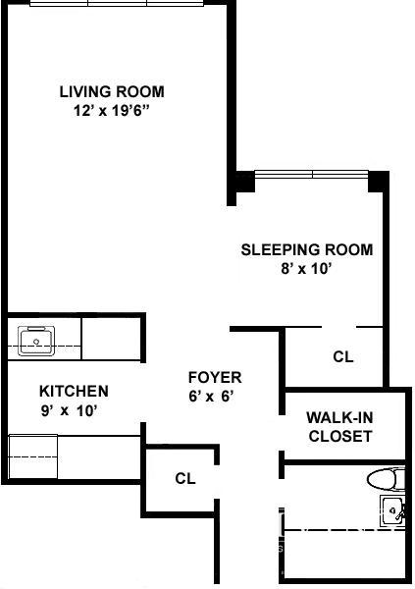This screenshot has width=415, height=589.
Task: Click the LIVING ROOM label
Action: point(112,92)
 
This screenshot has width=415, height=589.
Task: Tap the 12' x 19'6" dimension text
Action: point(112,111)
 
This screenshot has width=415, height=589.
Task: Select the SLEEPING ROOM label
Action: point(307,249)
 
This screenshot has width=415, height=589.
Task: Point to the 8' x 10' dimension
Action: point(306,269)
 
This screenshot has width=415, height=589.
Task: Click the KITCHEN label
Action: point(74,392)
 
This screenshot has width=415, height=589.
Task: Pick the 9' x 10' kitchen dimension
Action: point(70,410)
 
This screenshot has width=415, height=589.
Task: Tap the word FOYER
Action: point(215,378)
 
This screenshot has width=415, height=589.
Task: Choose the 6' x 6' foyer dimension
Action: point(212,396)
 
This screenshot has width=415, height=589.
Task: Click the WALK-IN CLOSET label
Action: point(340,427)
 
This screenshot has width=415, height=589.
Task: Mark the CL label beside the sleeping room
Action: point(343,356)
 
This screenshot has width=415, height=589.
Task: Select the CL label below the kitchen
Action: point(185,478)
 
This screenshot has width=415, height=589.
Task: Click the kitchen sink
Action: point(36,341)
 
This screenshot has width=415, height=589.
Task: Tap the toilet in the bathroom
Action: point(387,479)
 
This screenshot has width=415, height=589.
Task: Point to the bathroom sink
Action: point(392,510)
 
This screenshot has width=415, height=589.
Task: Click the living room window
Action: point(117,3)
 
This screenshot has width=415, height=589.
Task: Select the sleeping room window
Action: point(312,175)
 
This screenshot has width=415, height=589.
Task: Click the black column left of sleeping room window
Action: point(245,182)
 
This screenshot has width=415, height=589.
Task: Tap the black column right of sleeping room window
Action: point(378,182)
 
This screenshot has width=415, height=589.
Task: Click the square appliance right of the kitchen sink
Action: point(111,339)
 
